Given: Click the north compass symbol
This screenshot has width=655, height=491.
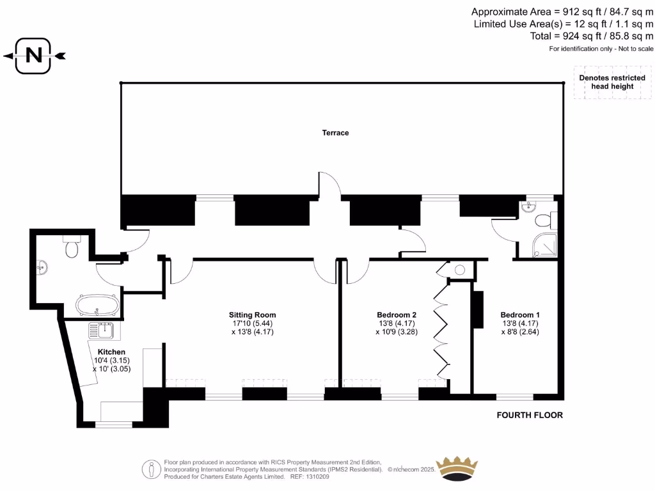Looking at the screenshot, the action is click(x=35, y=56).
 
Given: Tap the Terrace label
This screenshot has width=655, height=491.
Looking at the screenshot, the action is click(x=335, y=133).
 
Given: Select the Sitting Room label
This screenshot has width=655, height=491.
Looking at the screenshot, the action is click(x=253, y=315).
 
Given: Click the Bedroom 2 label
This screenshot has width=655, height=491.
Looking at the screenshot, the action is click(x=397, y=315).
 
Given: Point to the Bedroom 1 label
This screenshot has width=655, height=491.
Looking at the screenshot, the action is click(x=520, y=315).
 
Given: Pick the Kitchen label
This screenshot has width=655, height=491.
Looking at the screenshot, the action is click(x=111, y=352).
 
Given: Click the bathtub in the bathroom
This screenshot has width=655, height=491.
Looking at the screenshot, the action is click(x=97, y=306).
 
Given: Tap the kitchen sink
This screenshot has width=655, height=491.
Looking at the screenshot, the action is click(x=101, y=330).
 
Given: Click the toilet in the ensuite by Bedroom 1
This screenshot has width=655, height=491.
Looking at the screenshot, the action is click(x=544, y=221).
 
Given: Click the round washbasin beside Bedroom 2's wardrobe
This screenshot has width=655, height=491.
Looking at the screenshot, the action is click(x=459, y=270).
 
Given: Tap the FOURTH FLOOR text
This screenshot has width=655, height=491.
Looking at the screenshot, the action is click(x=530, y=415).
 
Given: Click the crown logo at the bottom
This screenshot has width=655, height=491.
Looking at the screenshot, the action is click(x=457, y=468).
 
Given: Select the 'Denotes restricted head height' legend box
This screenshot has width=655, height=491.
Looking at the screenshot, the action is click(x=612, y=82).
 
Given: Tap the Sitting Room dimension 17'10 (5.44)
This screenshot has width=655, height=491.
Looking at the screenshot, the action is click(x=253, y=323).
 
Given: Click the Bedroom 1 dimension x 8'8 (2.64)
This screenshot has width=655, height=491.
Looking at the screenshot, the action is click(x=520, y=332).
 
